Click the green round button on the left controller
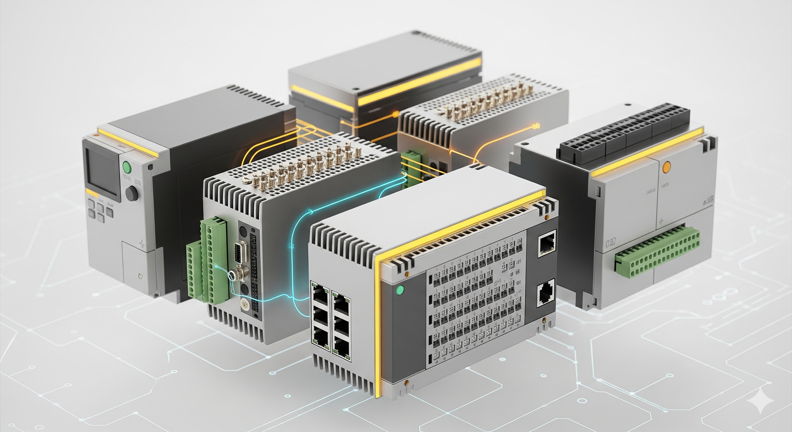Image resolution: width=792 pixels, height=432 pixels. (127, 168)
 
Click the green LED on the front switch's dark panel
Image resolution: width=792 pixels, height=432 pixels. (400, 290)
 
